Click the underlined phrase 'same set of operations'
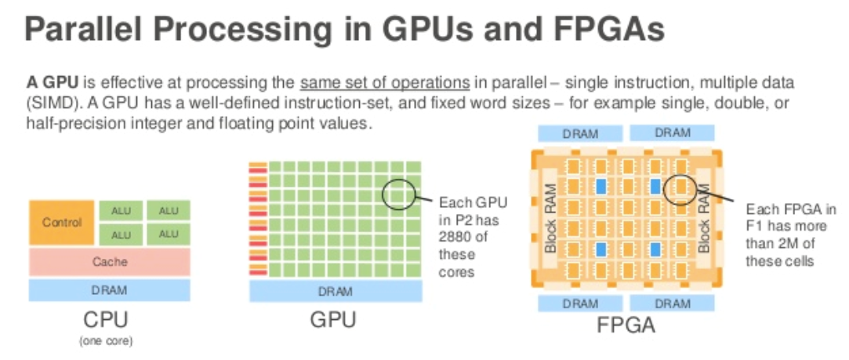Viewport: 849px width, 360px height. (385, 82)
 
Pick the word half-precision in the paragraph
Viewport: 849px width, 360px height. (81, 123)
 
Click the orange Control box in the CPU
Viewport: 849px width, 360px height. (62, 222)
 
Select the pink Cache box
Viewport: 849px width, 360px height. (110, 262)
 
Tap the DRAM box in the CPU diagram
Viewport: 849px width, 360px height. (110, 290)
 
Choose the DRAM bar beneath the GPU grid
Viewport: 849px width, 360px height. (336, 291)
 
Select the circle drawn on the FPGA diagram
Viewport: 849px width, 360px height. (679, 189)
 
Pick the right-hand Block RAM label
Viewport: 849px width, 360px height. (706, 216)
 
